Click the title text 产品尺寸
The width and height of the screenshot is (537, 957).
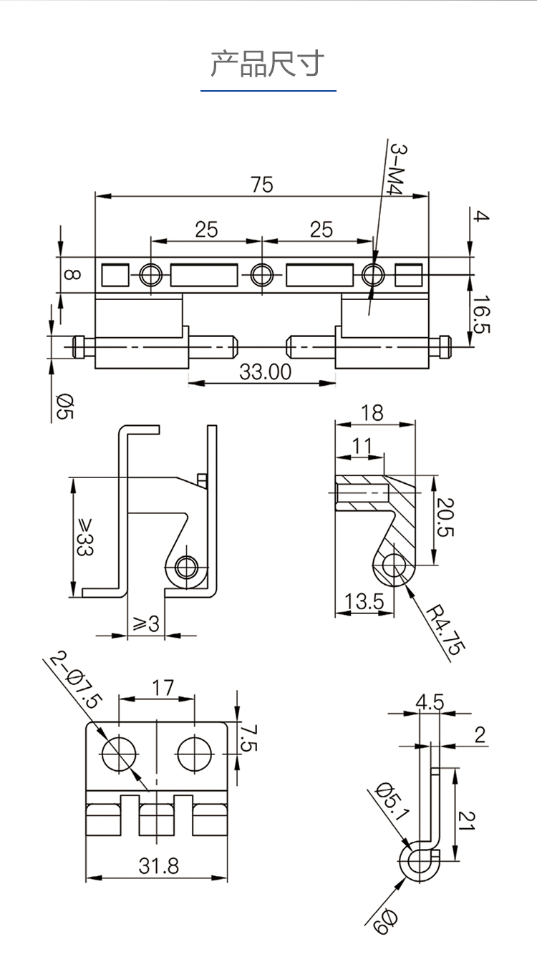[x=268, y=64]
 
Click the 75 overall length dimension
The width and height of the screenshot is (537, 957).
[x=262, y=185]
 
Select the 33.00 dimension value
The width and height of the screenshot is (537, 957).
[x=265, y=372]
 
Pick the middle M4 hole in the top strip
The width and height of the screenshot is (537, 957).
[x=261, y=274]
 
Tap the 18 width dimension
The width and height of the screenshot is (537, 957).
[x=372, y=413]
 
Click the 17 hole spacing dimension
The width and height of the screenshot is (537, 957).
[x=163, y=688]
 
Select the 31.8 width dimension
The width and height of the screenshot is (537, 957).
[x=159, y=866]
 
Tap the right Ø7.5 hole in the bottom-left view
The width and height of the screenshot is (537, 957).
[x=195, y=754]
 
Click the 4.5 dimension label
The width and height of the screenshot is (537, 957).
[x=430, y=702]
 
